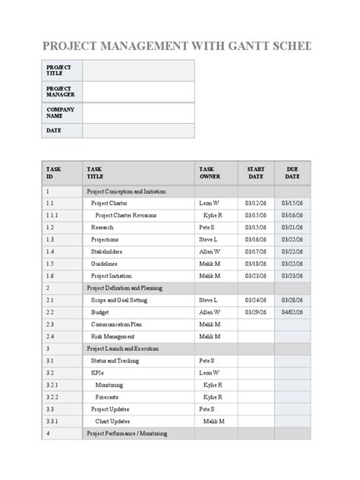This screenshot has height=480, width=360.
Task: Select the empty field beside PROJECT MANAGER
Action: tap(138, 92)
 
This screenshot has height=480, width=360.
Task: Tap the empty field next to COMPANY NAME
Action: tap(138, 112)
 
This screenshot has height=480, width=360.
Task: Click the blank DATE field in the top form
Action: tap(138, 131)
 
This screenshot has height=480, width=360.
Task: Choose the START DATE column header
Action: tap(255, 172)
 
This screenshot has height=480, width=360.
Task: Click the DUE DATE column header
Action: tap(292, 172)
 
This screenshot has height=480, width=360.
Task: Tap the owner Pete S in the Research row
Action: tap(207, 228)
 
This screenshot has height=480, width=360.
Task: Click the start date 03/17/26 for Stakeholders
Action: tap(256, 251)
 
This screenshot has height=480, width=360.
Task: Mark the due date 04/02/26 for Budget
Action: tap(292, 312)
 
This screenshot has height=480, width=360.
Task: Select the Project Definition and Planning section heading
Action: tap(125, 289)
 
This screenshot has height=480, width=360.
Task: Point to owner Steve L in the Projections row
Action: tap(208, 240)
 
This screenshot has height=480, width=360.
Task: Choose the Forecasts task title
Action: tap(106, 397)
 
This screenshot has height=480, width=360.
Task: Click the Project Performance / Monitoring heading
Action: tap(127, 434)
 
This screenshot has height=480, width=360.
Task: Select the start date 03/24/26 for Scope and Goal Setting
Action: tap(256, 301)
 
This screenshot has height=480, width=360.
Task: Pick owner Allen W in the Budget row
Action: tap(210, 312)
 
